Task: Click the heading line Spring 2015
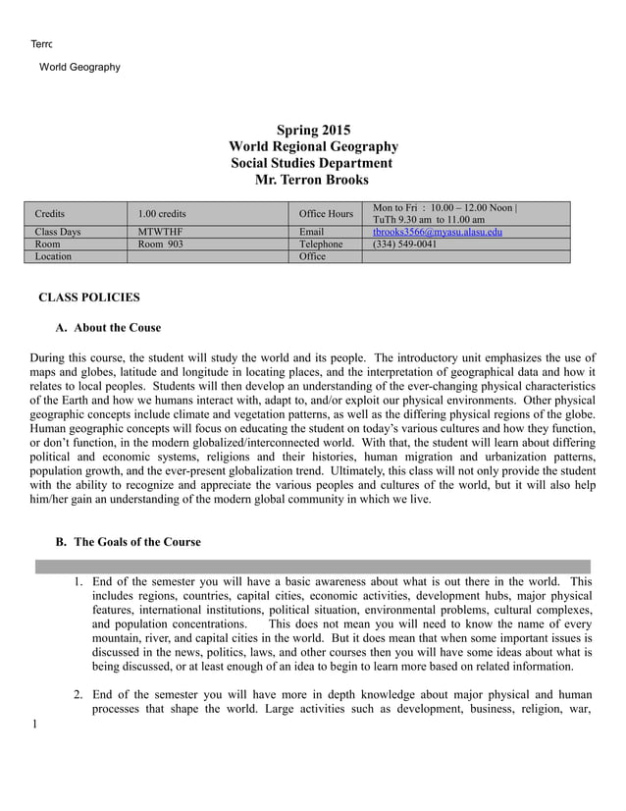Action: click(x=313, y=130)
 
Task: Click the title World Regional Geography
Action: click(x=313, y=146)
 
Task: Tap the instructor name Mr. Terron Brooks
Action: click(x=312, y=180)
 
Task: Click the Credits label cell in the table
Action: click(x=50, y=213)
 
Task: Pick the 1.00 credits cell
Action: click(x=162, y=213)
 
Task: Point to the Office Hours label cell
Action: click(x=326, y=213)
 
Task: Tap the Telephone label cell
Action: click(x=321, y=244)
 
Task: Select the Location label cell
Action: click(x=53, y=256)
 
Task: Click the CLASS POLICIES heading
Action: click(x=88, y=297)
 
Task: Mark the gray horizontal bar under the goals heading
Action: click(x=313, y=567)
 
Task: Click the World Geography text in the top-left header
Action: click(x=79, y=67)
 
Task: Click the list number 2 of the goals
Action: click(x=78, y=695)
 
